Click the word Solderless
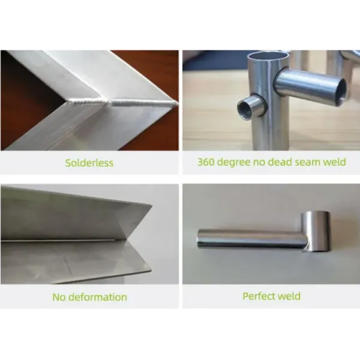pyautogui.click(x=89, y=163)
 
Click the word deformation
pyautogui.click(x=98, y=297)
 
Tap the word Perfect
pyautogui.click(x=257, y=296)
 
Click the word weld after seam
pyautogui.click(x=335, y=162)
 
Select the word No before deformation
pyautogui.click(x=59, y=297)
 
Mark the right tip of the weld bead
pyautogui.click(x=177, y=104)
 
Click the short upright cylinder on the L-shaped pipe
pyautogui.click(x=316, y=231)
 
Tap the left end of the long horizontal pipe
pyautogui.click(x=198, y=238)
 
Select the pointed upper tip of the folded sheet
pyautogui.click(x=151, y=205)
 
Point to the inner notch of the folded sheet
pyautogui.click(x=127, y=240)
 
